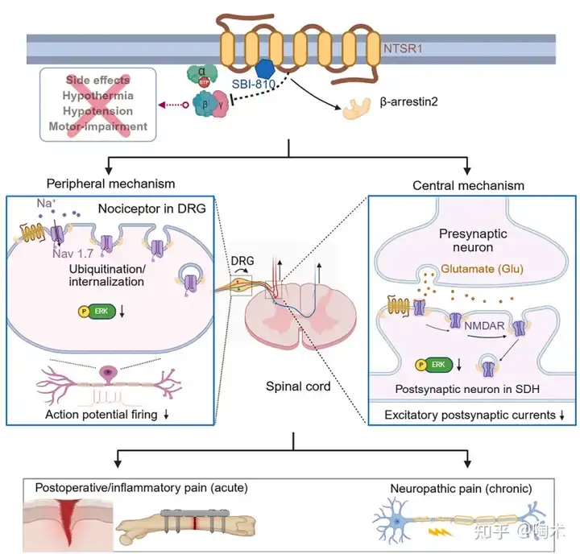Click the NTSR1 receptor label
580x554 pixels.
click(x=403, y=48)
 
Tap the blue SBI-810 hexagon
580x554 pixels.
click(x=265, y=68)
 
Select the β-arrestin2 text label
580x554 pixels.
click(x=408, y=101)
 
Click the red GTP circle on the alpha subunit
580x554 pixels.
click(x=204, y=82)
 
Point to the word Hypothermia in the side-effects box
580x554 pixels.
click(x=97, y=95)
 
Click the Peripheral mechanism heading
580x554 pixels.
click(x=110, y=184)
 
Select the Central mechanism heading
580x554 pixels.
click(x=468, y=185)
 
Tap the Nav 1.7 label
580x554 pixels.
click(x=72, y=254)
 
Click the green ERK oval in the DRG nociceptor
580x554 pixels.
click(x=101, y=312)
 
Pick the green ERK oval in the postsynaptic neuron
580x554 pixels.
click(x=439, y=365)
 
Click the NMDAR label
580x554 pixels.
click(x=484, y=326)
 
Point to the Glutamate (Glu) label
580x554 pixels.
click(x=482, y=268)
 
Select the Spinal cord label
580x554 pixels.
click(x=298, y=387)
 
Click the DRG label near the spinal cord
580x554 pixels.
click(x=242, y=261)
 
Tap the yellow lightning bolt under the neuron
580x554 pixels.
click(x=440, y=531)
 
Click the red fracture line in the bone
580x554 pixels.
click(x=195, y=523)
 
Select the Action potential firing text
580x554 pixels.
click(x=101, y=415)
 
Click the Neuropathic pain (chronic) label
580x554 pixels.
click(x=462, y=489)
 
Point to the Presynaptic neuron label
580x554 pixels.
click(x=473, y=240)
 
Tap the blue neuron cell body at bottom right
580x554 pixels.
click(x=396, y=522)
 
